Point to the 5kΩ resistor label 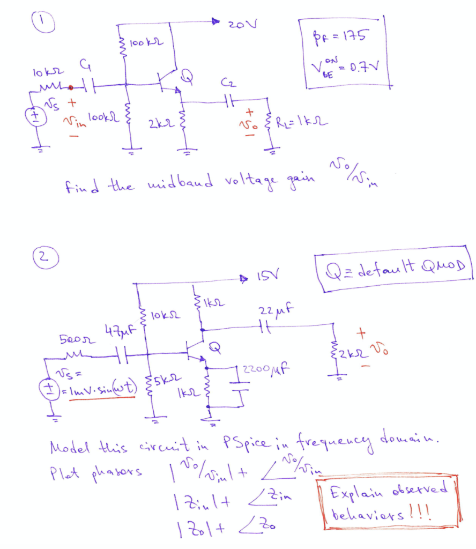pos(161,383)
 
